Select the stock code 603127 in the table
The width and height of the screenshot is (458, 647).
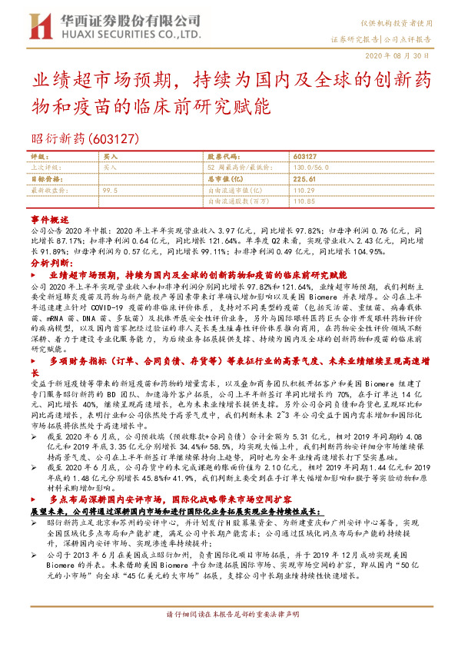pos(306,155)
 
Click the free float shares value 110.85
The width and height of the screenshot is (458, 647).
pos(304,201)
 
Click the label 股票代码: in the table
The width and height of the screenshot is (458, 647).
pos(225,155)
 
